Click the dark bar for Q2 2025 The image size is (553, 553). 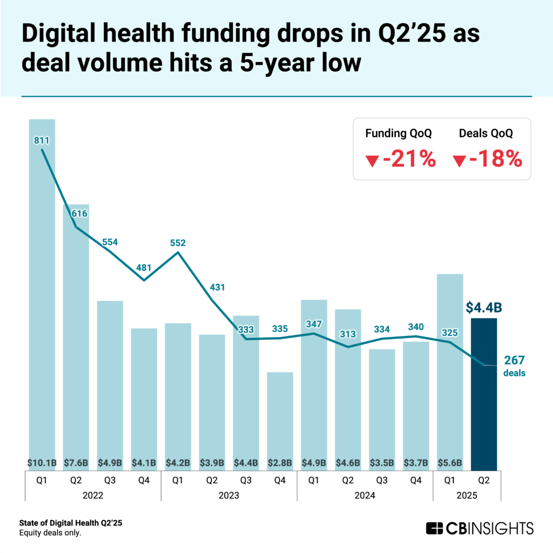(x=484, y=394)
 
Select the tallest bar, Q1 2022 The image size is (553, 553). (x=42, y=292)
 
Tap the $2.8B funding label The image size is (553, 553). (x=280, y=462)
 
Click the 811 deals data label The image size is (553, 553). (x=42, y=141)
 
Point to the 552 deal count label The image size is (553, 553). (x=178, y=243)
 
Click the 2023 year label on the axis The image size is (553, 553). (x=229, y=494)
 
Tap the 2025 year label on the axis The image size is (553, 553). (x=467, y=494)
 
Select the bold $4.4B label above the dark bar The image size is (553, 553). (x=484, y=307)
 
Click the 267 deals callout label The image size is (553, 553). (x=514, y=366)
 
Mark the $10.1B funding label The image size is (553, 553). (x=42, y=462)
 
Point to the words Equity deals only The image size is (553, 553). (x=50, y=533)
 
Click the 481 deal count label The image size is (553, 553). (x=144, y=267)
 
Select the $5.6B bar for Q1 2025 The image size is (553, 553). (x=450, y=367)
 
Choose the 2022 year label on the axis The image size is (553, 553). (x=93, y=494)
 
